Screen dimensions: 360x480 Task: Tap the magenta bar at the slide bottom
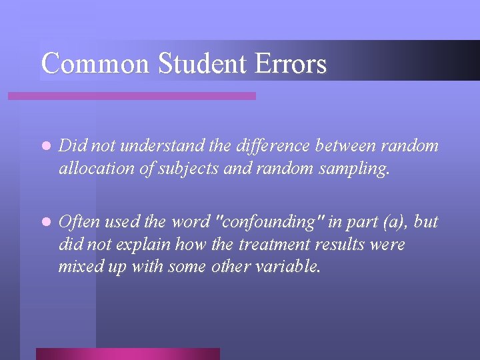pyautogui.click(x=127, y=353)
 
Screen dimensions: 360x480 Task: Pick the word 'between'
pyautogui.click(x=343, y=146)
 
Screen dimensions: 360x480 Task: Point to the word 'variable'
pyautogui.click(x=288, y=267)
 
